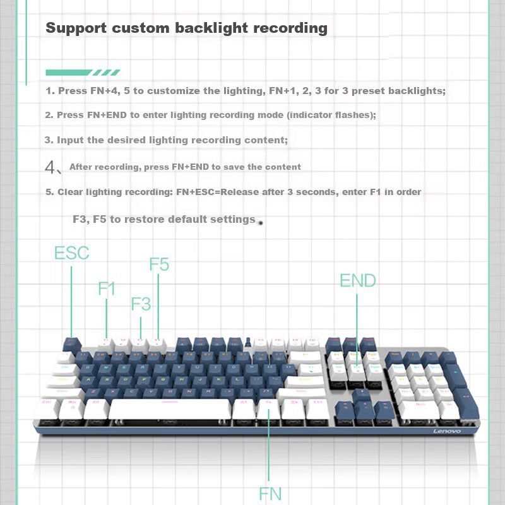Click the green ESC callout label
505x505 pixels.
point(71,254)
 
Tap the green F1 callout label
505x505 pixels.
point(107,289)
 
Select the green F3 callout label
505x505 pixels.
point(141,304)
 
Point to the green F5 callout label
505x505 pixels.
point(159,264)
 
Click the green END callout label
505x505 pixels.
point(357,281)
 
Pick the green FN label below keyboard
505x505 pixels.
point(270,493)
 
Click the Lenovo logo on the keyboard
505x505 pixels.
point(446,431)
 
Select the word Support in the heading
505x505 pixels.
point(74,28)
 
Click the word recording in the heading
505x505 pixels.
point(290,28)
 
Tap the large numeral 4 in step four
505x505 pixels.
point(51,167)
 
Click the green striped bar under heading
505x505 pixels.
point(83,72)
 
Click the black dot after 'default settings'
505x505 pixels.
point(260,222)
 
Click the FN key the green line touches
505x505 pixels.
point(268,408)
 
